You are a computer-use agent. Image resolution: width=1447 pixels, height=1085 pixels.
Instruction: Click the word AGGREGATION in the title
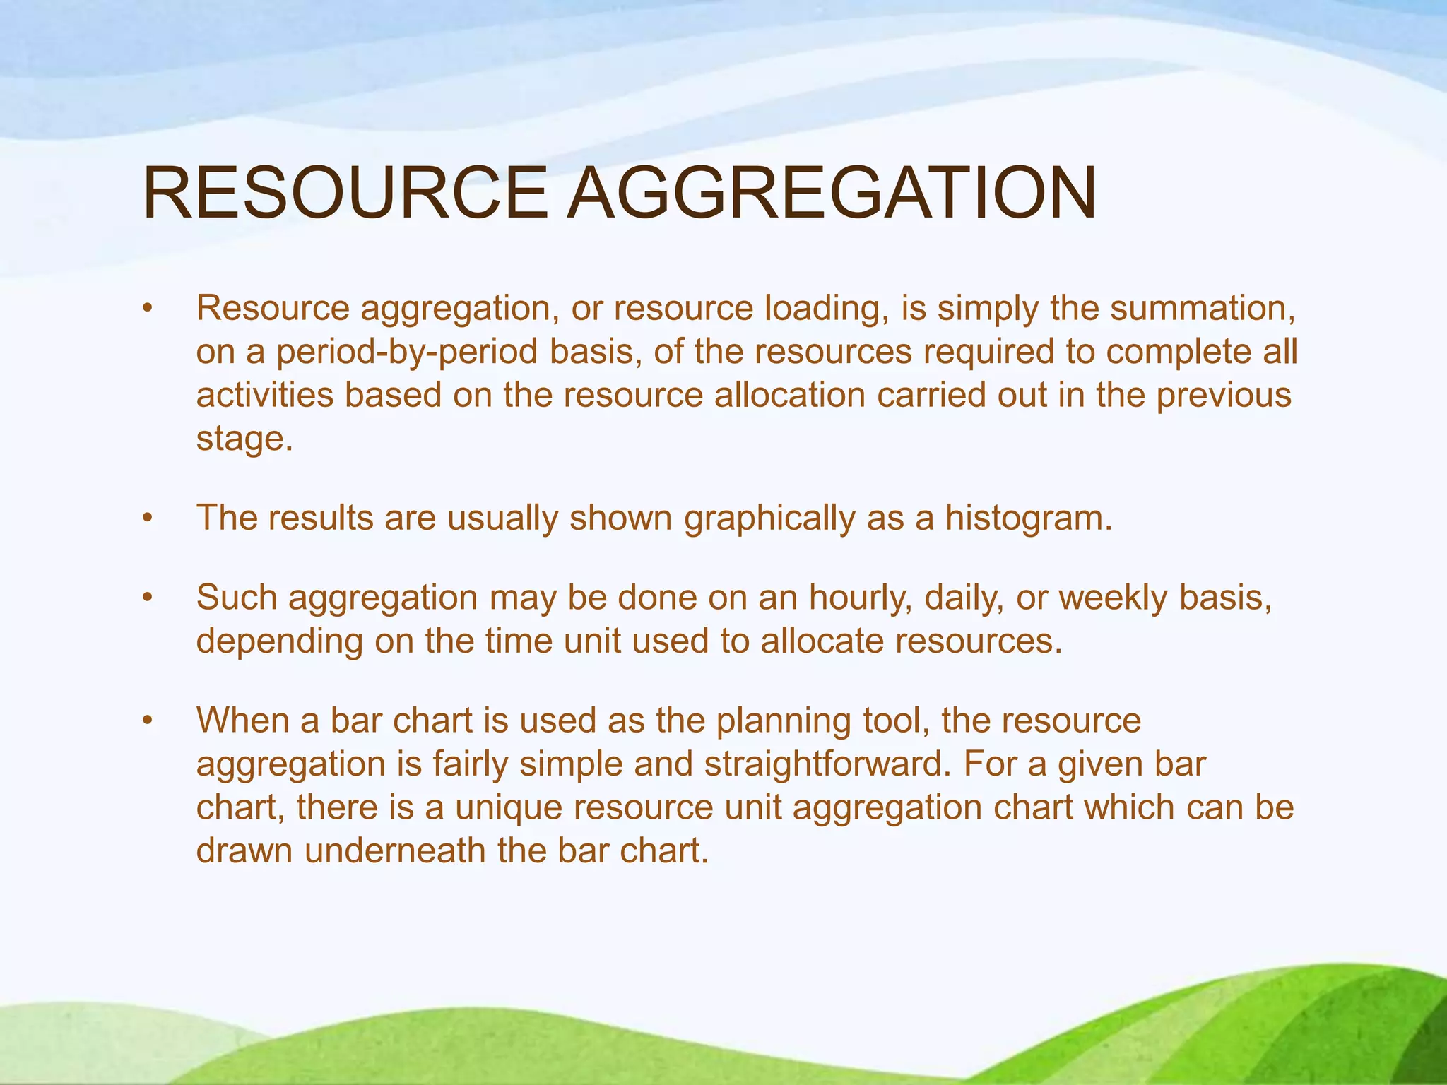(x=832, y=194)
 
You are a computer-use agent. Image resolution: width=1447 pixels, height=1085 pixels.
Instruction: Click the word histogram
(x=1029, y=518)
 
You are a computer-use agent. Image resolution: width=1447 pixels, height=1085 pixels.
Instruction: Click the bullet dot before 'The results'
(x=147, y=519)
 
